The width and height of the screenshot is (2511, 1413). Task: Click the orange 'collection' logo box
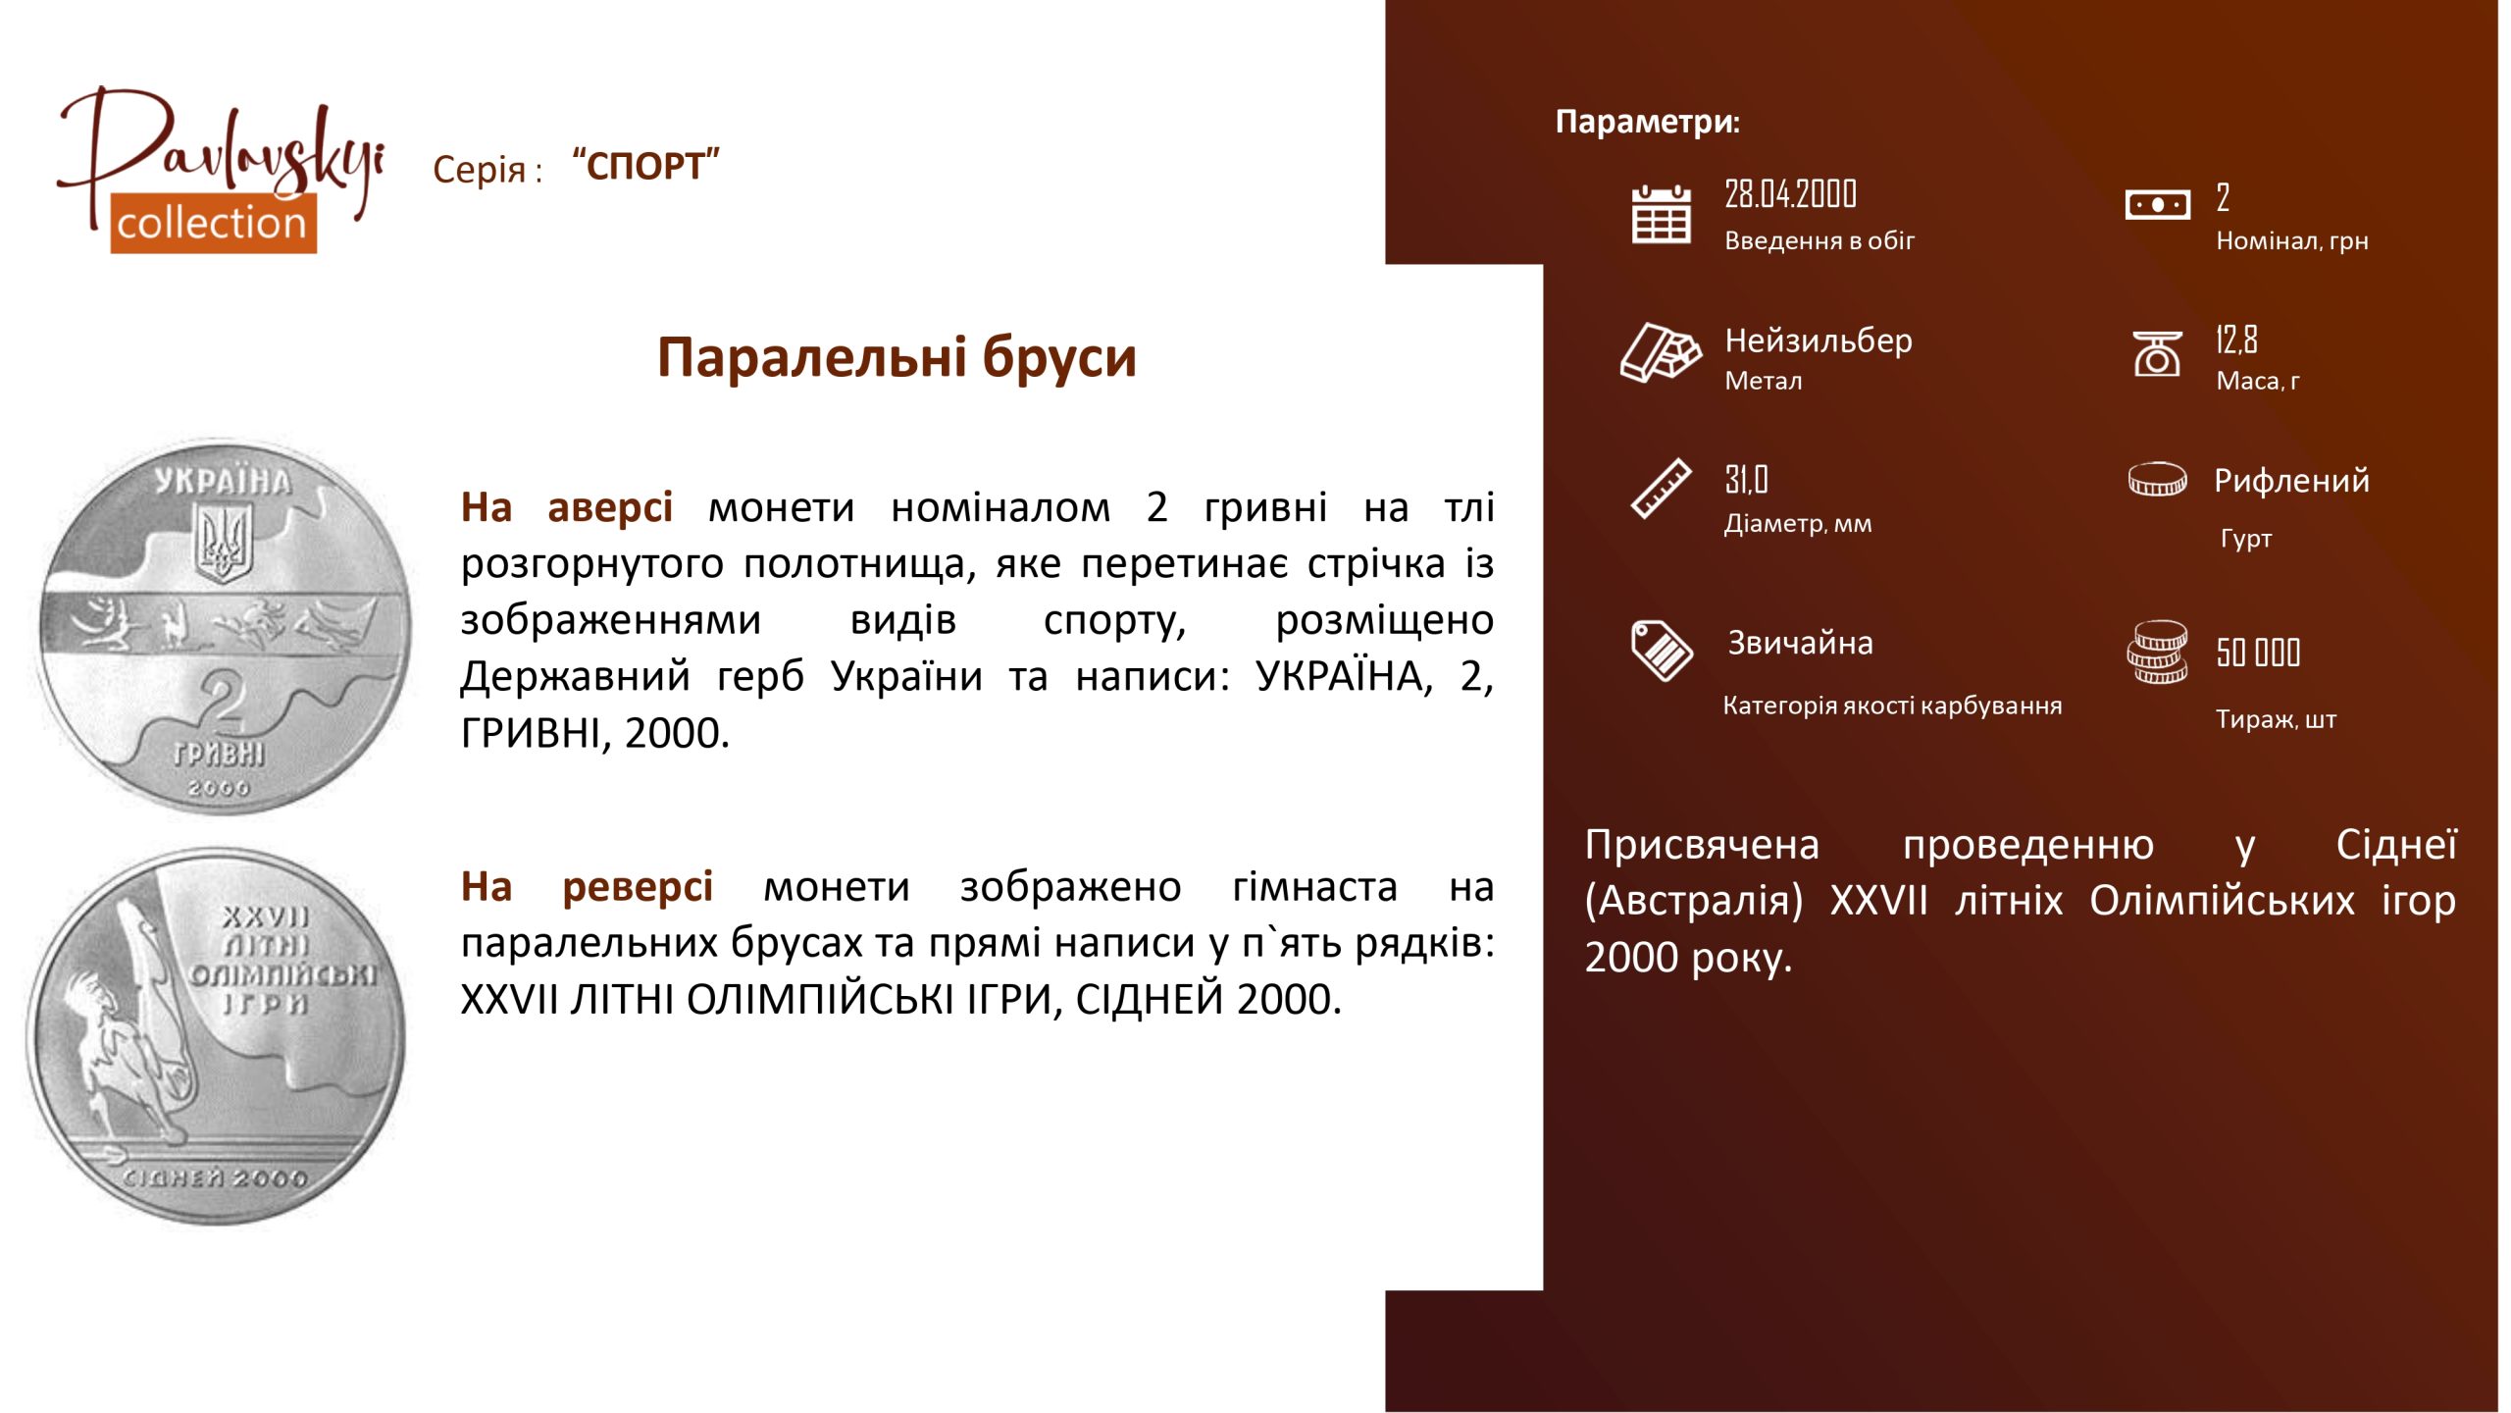213,224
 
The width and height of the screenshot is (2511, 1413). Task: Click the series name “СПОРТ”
645,166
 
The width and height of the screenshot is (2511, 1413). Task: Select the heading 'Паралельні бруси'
897,357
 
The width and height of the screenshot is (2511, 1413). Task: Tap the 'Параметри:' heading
1648,122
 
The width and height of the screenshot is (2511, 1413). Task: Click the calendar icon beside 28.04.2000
1661,214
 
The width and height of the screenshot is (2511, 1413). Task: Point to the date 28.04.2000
1790,194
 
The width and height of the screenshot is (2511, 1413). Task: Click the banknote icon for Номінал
2157,205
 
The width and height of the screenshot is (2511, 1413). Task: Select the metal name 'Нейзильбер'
1819,340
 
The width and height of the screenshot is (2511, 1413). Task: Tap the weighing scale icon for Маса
2157,353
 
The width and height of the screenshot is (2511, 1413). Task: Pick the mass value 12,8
2236,340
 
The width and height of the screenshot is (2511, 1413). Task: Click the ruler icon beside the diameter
1661,488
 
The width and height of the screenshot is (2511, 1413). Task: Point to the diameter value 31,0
1746,480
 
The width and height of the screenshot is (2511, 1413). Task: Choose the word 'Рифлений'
2291,481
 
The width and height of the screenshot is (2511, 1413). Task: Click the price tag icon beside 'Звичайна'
1662,650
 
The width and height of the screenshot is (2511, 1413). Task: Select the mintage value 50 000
2258,653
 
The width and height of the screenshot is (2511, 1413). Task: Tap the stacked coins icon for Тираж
2157,652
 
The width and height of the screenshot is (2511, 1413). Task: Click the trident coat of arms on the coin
225,544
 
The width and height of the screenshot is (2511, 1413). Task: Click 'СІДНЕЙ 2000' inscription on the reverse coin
216,1177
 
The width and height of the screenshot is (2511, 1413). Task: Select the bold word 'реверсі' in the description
638,887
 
